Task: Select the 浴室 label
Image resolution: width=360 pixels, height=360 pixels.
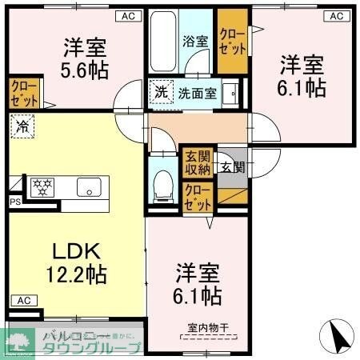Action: (x=194, y=39)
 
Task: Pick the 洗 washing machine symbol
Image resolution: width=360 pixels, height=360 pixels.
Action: (x=161, y=92)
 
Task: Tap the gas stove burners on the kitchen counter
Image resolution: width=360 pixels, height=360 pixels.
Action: (x=41, y=187)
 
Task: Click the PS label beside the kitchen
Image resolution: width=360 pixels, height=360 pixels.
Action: (x=14, y=202)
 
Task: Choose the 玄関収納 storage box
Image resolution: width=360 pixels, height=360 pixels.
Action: (x=196, y=162)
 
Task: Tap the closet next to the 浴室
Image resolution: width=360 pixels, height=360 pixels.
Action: (x=232, y=38)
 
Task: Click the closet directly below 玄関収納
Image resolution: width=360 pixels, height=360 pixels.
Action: (x=196, y=196)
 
